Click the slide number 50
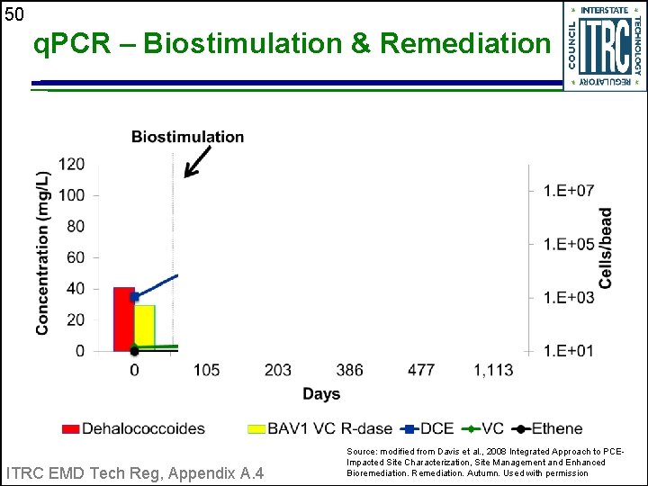point(13,13)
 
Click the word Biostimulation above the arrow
point(187,137)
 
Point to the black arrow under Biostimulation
point(198,162)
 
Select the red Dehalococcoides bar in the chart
point(123,319)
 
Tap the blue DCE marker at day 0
point(134,296)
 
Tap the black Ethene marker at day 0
point(134,350)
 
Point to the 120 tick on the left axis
point(72,164)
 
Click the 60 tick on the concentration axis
point(76,257)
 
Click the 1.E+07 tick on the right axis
point(568,190)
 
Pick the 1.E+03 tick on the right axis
point(568,297)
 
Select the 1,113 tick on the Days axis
point(494,371)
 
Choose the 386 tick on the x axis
point(350,371)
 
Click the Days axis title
point(321,394)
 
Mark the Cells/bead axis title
point(606,248)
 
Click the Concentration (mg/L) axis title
point(42,252)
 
